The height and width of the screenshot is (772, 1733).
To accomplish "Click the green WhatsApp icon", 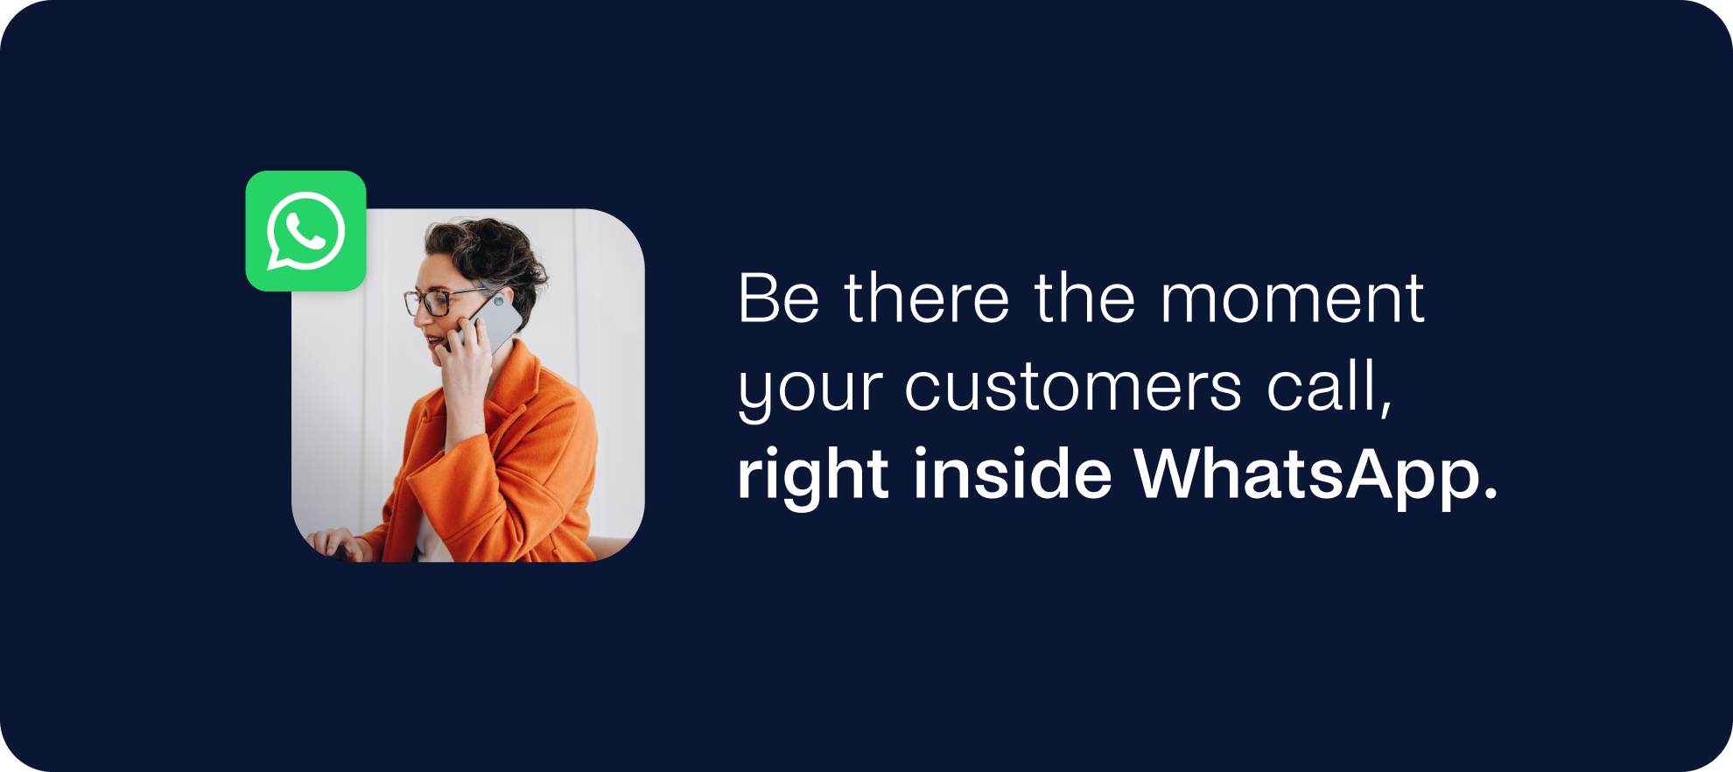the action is click(x=305, y=231).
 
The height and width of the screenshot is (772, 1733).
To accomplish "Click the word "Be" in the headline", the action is click(x=779, y=298).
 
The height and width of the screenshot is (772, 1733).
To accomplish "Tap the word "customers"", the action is click(x=1073, y=387).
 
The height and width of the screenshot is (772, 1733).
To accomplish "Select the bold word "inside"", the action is click(x=1013, y=473).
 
